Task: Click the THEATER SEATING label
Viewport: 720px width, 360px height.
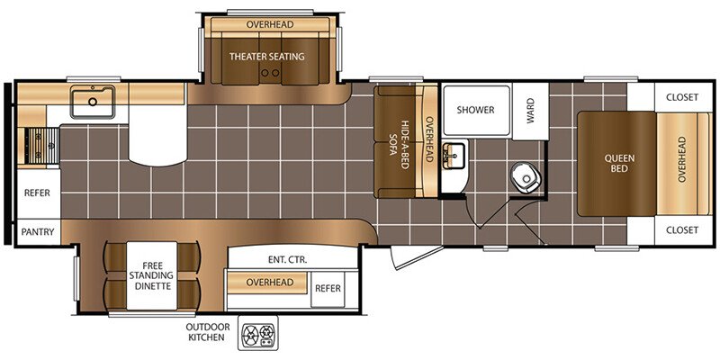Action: [266, 57]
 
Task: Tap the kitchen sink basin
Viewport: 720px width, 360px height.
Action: [93, 102]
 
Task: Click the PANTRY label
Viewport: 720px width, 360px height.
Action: [38, 232]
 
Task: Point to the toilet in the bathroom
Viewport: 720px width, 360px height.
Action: [525, 176]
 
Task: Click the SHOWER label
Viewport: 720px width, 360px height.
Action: [475, 110]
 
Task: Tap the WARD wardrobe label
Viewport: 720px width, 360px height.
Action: [530, 110]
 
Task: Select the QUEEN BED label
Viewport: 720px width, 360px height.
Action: [613, 164]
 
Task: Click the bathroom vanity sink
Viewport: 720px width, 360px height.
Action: [454, 156]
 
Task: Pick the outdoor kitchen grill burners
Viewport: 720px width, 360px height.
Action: [257, 333]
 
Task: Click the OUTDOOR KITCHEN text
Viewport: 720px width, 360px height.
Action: [208, 332]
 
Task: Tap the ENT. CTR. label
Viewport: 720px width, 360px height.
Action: [288, 259]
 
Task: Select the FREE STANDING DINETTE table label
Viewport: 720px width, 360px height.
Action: [151, 275]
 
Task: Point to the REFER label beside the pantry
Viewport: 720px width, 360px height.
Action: [37, 193]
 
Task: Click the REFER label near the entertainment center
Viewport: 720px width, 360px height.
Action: [328, 288]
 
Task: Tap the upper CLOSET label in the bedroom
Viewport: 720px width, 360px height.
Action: [682, 97]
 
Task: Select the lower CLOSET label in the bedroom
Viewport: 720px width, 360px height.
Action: [682, 230]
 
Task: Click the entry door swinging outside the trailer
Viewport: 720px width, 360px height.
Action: [417, 257]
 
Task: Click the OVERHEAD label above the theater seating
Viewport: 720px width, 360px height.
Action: [269, 24]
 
